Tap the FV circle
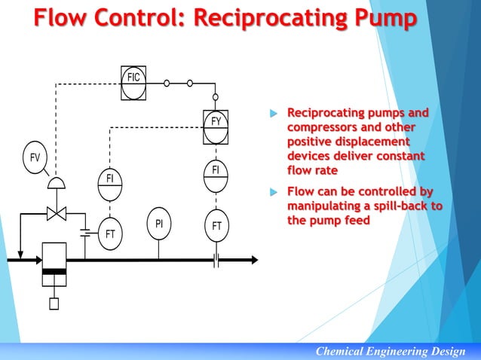[35, 157]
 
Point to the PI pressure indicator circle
[159, 224]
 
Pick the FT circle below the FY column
[216, 226]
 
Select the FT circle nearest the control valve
[110, 233]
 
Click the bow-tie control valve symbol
[57, 213]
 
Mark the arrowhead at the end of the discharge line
[253, 260]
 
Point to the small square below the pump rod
[54, 304]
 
